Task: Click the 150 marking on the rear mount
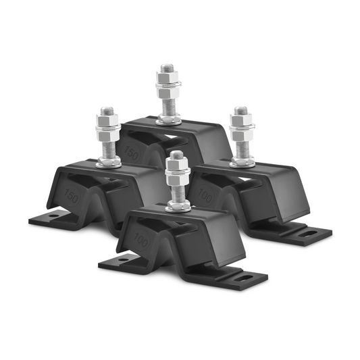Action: click(x=132, y=152)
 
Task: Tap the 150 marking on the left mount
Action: click(x=68, y=197)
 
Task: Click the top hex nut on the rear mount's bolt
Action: click(x=167, y=78)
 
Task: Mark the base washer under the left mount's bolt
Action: click(x=108, y=162)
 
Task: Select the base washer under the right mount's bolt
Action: click(x=241, y=162)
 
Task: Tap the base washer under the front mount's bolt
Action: click(x=176, y=206)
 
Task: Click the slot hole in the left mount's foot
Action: click(x=52, y=218)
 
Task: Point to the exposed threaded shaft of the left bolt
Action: click(x=108, y=145)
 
